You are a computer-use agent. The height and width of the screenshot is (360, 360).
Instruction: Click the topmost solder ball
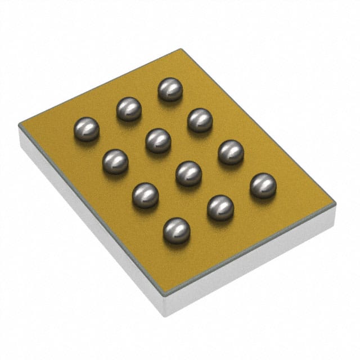click(170, 89)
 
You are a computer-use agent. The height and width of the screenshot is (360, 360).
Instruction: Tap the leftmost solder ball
click(87, 129)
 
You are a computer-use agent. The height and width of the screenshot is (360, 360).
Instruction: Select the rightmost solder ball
click(263, 186)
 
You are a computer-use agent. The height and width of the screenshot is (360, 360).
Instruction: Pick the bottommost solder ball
click(176, 231)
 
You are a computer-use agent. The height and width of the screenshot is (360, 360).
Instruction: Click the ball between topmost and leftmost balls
click(129, 109)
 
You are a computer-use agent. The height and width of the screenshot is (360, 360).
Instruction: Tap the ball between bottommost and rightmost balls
click(220, 208)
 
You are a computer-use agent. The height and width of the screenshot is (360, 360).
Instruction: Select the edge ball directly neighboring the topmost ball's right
click(200, 120)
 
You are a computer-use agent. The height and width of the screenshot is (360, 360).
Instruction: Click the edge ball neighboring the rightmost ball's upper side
click(231, 152)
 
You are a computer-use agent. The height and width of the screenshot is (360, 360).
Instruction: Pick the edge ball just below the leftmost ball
click(115, 161)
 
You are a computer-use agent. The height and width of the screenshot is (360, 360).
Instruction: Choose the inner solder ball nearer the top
click(158, 141)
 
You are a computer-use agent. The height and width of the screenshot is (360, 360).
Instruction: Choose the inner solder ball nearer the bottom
click(188, 174)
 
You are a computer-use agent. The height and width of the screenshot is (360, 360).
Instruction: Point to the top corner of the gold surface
click(181, 49)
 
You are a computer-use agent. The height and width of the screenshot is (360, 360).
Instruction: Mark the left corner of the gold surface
click(19, 127)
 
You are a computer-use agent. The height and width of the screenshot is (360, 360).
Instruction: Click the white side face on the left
click(84, 225)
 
